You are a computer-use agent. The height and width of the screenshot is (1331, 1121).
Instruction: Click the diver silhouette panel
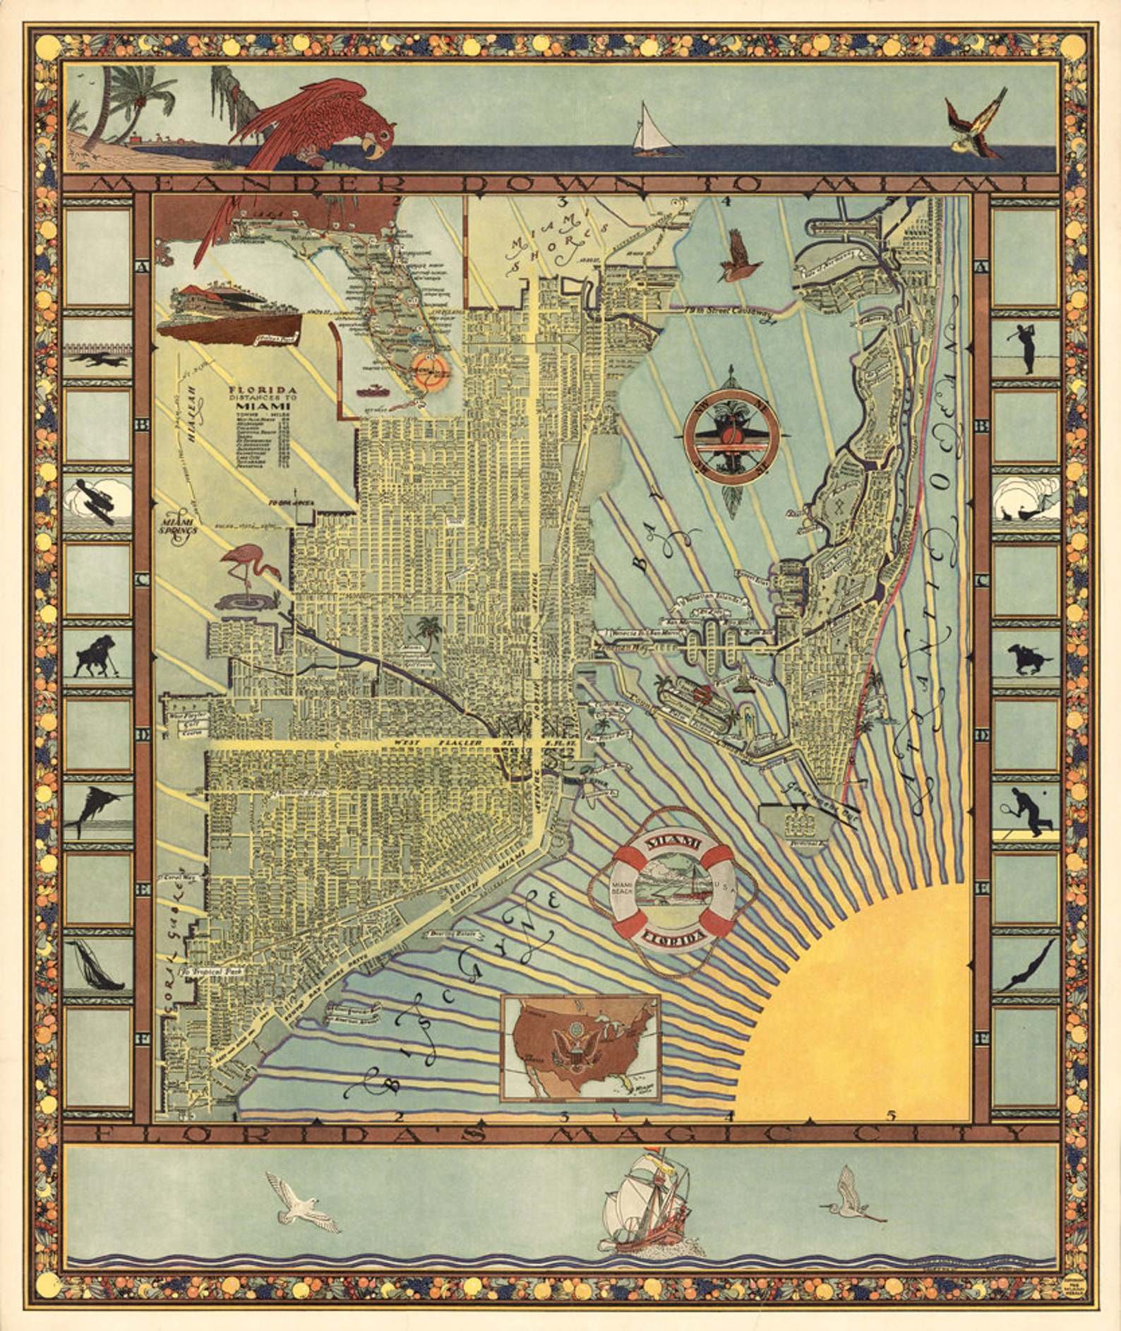click(x=1026, y=965)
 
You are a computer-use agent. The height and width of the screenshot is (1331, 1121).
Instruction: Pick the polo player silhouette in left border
click(x=97, y=657)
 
